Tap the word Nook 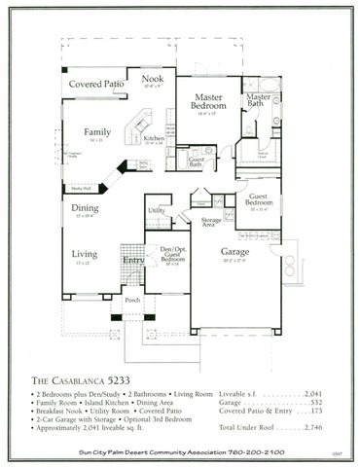point(152,79)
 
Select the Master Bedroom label point(209,103)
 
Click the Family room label point(96,131)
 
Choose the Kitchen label point(155,139)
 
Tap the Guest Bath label point(196,162)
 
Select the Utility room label point(156,210)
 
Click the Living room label point(85,256)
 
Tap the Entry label point(133,260)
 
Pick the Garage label point(235,250)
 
